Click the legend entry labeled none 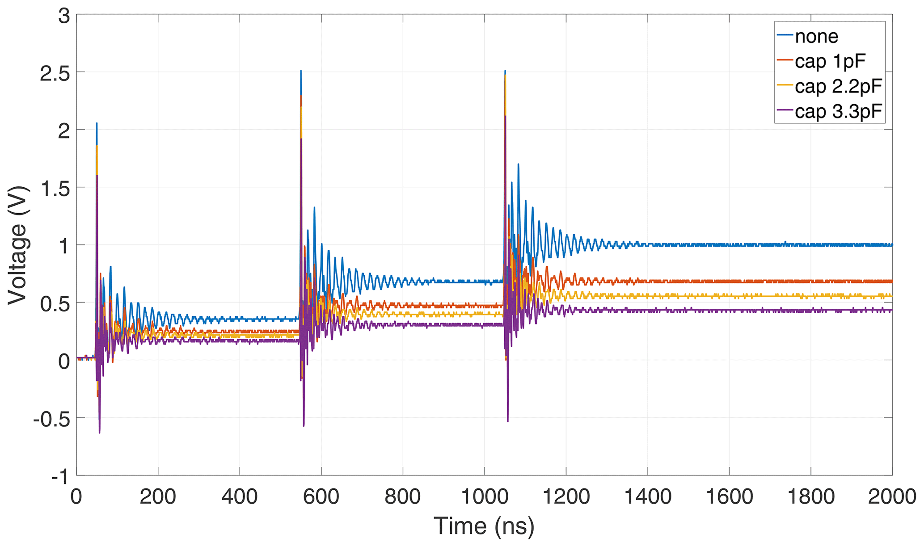[x=816, y=36]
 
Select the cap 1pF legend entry [x=830, y=61]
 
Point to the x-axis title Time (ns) [x=484, y=526]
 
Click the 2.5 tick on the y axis [x=55, y=73]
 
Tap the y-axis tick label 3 [x=64, y=17]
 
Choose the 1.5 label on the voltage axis [x=55, y=188]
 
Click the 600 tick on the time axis [x=321, y=497]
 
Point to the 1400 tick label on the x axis [x=647, y=497]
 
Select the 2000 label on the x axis [x=892, y=497]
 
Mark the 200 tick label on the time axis [x=158, y=497]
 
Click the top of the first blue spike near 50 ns [x=97, y=123]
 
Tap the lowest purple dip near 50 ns [x=99, y=432]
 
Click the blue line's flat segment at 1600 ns [x=729, y=245]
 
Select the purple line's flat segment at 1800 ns [x=810, y=310]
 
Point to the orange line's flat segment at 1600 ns [x=729, y=282]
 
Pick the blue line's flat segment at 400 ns [x=240, y=320]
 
